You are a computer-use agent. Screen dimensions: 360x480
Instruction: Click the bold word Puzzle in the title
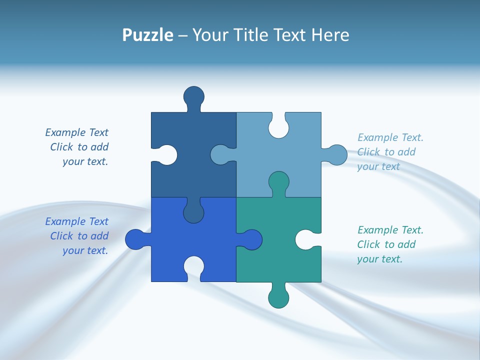pos(147,35)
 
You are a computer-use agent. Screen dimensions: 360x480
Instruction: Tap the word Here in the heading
pos(330,35)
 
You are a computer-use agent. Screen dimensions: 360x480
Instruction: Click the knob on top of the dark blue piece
pos(194,96)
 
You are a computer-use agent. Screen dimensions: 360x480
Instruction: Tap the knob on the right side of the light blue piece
pos(337,155)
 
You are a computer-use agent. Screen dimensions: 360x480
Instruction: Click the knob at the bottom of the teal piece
pos(278,298)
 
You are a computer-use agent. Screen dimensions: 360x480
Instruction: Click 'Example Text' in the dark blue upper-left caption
pos(76,132)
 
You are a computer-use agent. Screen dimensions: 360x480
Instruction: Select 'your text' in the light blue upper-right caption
pos(378,166)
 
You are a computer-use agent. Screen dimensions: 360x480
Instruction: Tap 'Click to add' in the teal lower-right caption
pos(386,244)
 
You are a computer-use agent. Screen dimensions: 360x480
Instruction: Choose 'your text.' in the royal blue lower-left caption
pos(85,250)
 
